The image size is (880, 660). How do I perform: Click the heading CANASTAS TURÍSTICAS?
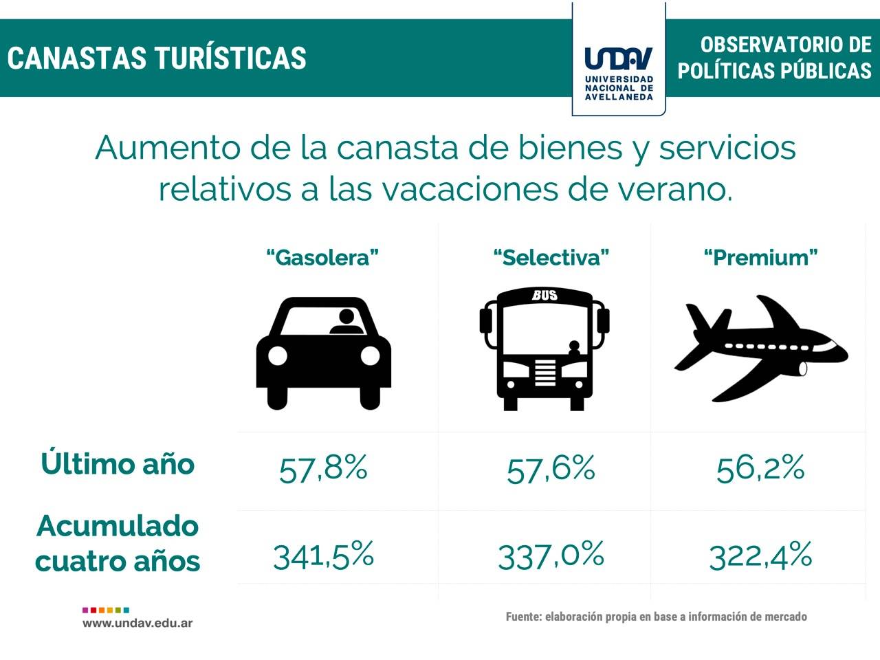pos(157,58)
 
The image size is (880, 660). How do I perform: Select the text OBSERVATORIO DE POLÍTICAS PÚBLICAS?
pos(775,58)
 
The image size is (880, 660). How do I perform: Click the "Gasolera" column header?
pos(322,258)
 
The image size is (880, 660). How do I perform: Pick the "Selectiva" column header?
pos(551,258)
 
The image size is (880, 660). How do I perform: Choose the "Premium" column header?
pos(760,258)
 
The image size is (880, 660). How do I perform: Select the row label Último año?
pos(118,463)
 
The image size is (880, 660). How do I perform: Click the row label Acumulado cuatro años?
pos(118,543)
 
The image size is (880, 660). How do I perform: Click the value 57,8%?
pos(323,469)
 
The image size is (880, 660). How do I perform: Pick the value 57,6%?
pos(551,469)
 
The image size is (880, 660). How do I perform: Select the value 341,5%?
pos(323,555)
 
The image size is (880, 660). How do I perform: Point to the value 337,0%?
pos(551,555)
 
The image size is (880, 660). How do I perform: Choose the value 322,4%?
pos(760,555)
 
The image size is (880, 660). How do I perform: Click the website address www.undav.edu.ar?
pos(137,624)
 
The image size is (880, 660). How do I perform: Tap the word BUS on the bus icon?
pos(544,296)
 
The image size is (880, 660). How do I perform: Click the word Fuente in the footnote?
pos(522,617)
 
